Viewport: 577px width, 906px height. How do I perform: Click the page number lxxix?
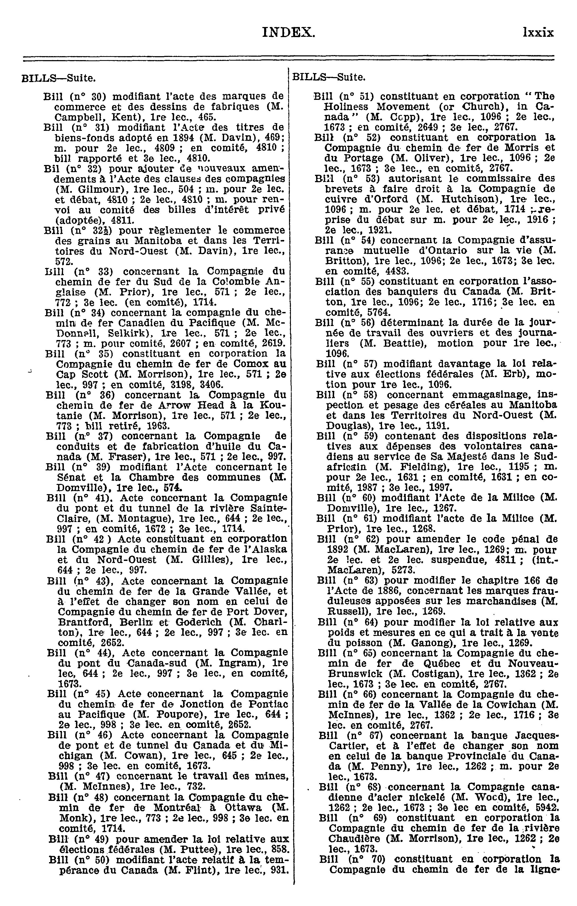point(538,33)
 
